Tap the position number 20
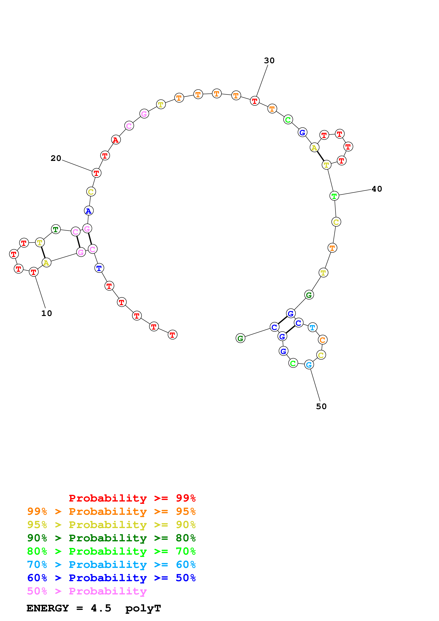pos(56,158)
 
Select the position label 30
pos(269,61)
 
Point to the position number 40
pos(377,189)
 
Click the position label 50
pos(321,406)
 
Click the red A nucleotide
pos(116,140)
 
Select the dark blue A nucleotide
pos(89,211)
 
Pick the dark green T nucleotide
pos(56,230)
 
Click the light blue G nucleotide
pos(309,365)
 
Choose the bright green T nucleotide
pos(334,196)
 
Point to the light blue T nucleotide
pos(312,327)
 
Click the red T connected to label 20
pos(97,173)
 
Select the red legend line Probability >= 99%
pos(132,498)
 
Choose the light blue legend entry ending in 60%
pos(111,565)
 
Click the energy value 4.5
pos(101,608)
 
